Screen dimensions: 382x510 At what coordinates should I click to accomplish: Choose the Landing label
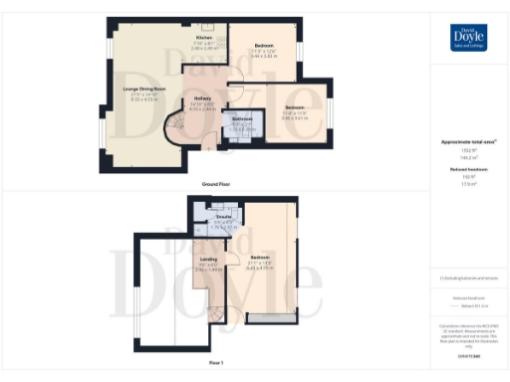point(207,262)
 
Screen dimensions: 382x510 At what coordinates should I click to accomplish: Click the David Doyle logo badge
point(468,38)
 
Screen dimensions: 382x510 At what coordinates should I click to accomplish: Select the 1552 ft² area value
point(468,150)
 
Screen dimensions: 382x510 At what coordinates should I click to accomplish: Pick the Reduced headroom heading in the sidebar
point(468,169)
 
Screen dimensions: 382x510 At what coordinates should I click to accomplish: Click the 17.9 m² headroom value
point(468,182)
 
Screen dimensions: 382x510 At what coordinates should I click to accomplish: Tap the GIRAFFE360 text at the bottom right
point(468,356)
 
